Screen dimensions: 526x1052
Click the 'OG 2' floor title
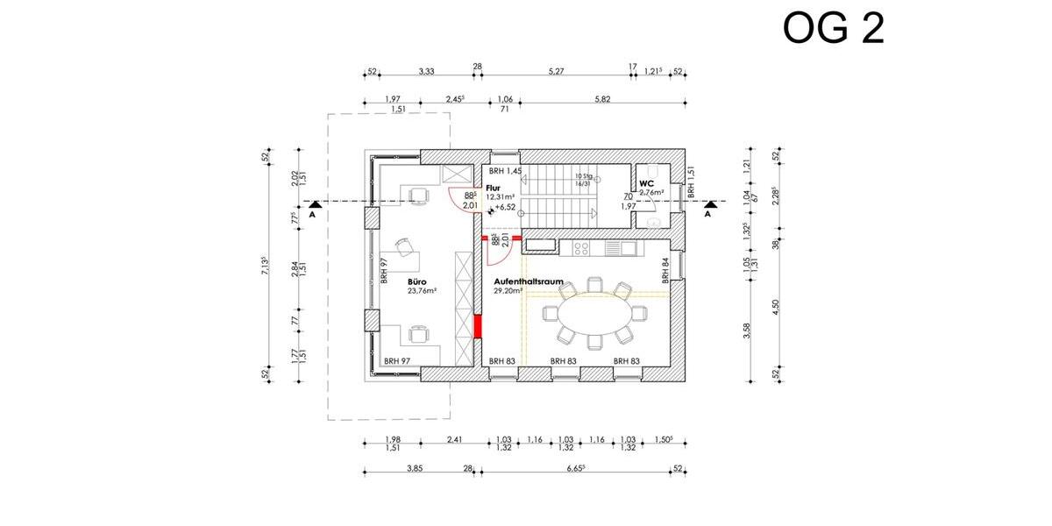(x=834, y=29)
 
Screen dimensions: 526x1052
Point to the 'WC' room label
(x=647, y=183)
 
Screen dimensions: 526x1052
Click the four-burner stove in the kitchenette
(x=582, y=249)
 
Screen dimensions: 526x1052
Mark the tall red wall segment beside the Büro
(x=478, y=325)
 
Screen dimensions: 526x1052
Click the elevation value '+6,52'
(x=505, y=207)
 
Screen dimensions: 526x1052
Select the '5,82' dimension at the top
(x=601, y=99)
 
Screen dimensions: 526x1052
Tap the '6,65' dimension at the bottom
(x=575, y=469)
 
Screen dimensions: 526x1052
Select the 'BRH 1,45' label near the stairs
(x=506, y=171)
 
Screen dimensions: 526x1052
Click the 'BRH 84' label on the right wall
(x=665, y=269)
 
